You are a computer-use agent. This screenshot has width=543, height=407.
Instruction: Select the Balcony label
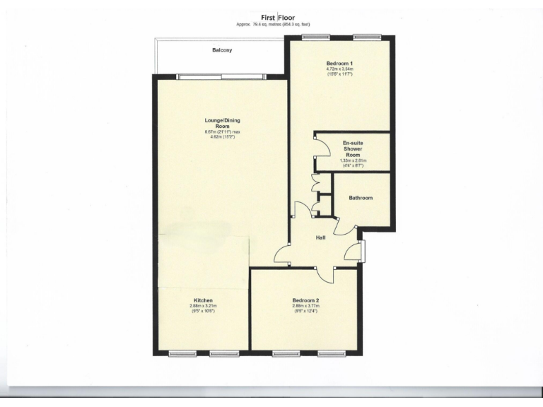[222, 51]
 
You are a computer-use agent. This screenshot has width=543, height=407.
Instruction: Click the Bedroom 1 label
[339, 64]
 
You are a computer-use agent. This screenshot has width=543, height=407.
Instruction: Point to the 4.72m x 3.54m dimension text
[339, 69]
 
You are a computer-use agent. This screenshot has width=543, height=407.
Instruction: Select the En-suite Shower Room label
[354, 149]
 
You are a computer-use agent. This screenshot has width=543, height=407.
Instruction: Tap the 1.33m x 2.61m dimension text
[354, 160]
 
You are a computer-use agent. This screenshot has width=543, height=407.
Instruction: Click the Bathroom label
[360, 198]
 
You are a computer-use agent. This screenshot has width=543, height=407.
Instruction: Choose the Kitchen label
[204, 300]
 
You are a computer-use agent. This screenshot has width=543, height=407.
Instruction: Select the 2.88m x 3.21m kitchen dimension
[204, 306]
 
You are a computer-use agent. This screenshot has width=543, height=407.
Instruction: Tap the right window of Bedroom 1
[367, 37]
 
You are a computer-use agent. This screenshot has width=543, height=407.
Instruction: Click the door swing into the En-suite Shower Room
[322, 147]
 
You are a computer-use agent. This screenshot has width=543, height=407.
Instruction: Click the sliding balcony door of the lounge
[221, 77]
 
